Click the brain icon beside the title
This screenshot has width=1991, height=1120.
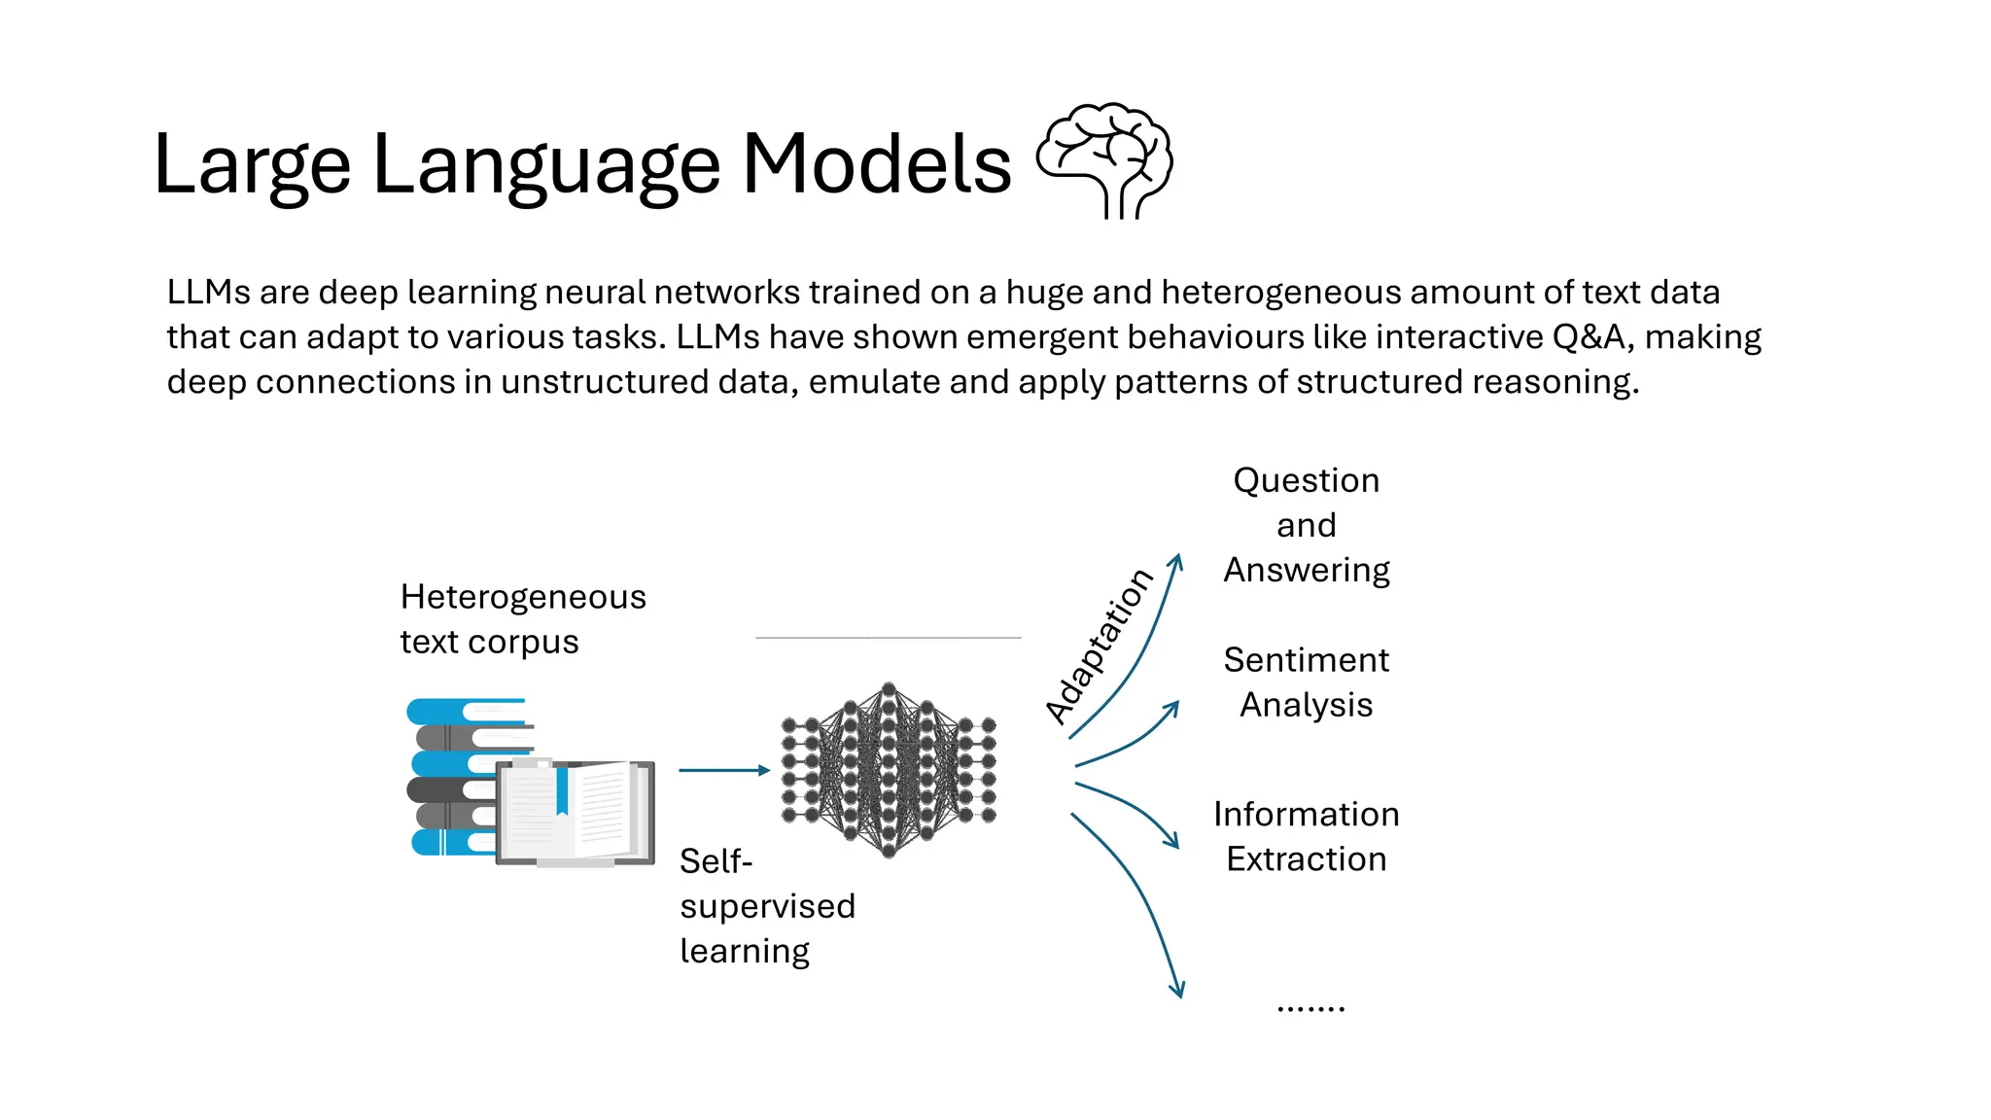pyautogui.click(x=1105, y=159)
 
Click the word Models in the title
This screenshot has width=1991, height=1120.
pyautogui.click(x=876, y=164)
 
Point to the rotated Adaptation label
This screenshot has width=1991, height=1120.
pyautogui.click(x=1099, y=647)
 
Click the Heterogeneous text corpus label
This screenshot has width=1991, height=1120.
pyautogui.click(x=522, y=619)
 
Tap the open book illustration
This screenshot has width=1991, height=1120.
pyautogui.click(x=576, y=813)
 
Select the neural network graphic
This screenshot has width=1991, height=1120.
pyautogui.click(x=889, y=770)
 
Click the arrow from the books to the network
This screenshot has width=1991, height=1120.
pyautogui.click(x=723, y=770)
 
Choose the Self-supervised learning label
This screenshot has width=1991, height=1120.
pyautogui.click(x=766, y=906)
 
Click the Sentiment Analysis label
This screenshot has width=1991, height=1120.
pyautogui.click(x=1306, y=682)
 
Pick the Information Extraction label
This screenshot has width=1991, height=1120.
pyautogui.click(x=1306, y=836)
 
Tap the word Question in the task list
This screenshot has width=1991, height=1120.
pyautogui.click(x=1306, y=480)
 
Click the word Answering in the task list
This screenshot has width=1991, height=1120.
pyautogui.click(x=1306, y=570)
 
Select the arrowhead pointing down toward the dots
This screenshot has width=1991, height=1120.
pyautogui.click(x=1177, y=991)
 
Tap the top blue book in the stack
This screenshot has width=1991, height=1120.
pyautogui.click(x=465, y=711)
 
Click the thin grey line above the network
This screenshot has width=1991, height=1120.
pyautogui.click(x=888, y=638)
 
